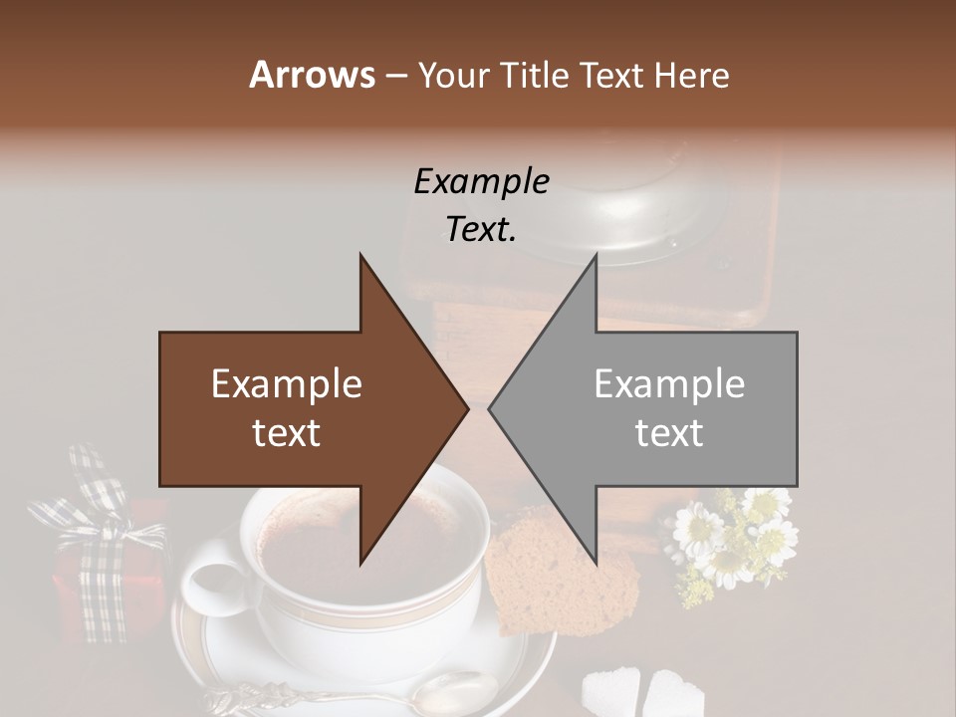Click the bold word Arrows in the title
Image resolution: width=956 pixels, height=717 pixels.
click(312, 75)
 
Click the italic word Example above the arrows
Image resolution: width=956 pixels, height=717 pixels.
click(481, 182)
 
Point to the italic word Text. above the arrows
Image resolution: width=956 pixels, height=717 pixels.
click(481, 229)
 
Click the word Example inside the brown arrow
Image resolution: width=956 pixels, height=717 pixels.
click(287, 384)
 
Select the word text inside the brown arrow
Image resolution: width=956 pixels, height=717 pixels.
click(287, 432)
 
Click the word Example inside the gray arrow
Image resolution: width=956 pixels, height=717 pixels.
click(669, 384)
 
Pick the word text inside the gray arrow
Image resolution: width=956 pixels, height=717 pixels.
click(669, 432)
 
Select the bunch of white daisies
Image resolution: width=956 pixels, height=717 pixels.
click(732, 538)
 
